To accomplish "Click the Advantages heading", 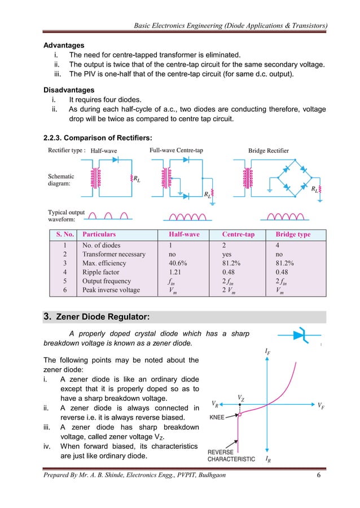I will coord(64,45).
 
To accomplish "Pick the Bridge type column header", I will coord(292,235).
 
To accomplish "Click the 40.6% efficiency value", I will coord(178,263).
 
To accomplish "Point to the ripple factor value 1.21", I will coord(176,272).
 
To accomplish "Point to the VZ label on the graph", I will coord(241,398).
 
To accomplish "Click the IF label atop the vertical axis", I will coord(267,352).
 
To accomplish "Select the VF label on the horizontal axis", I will coord(321,405).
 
